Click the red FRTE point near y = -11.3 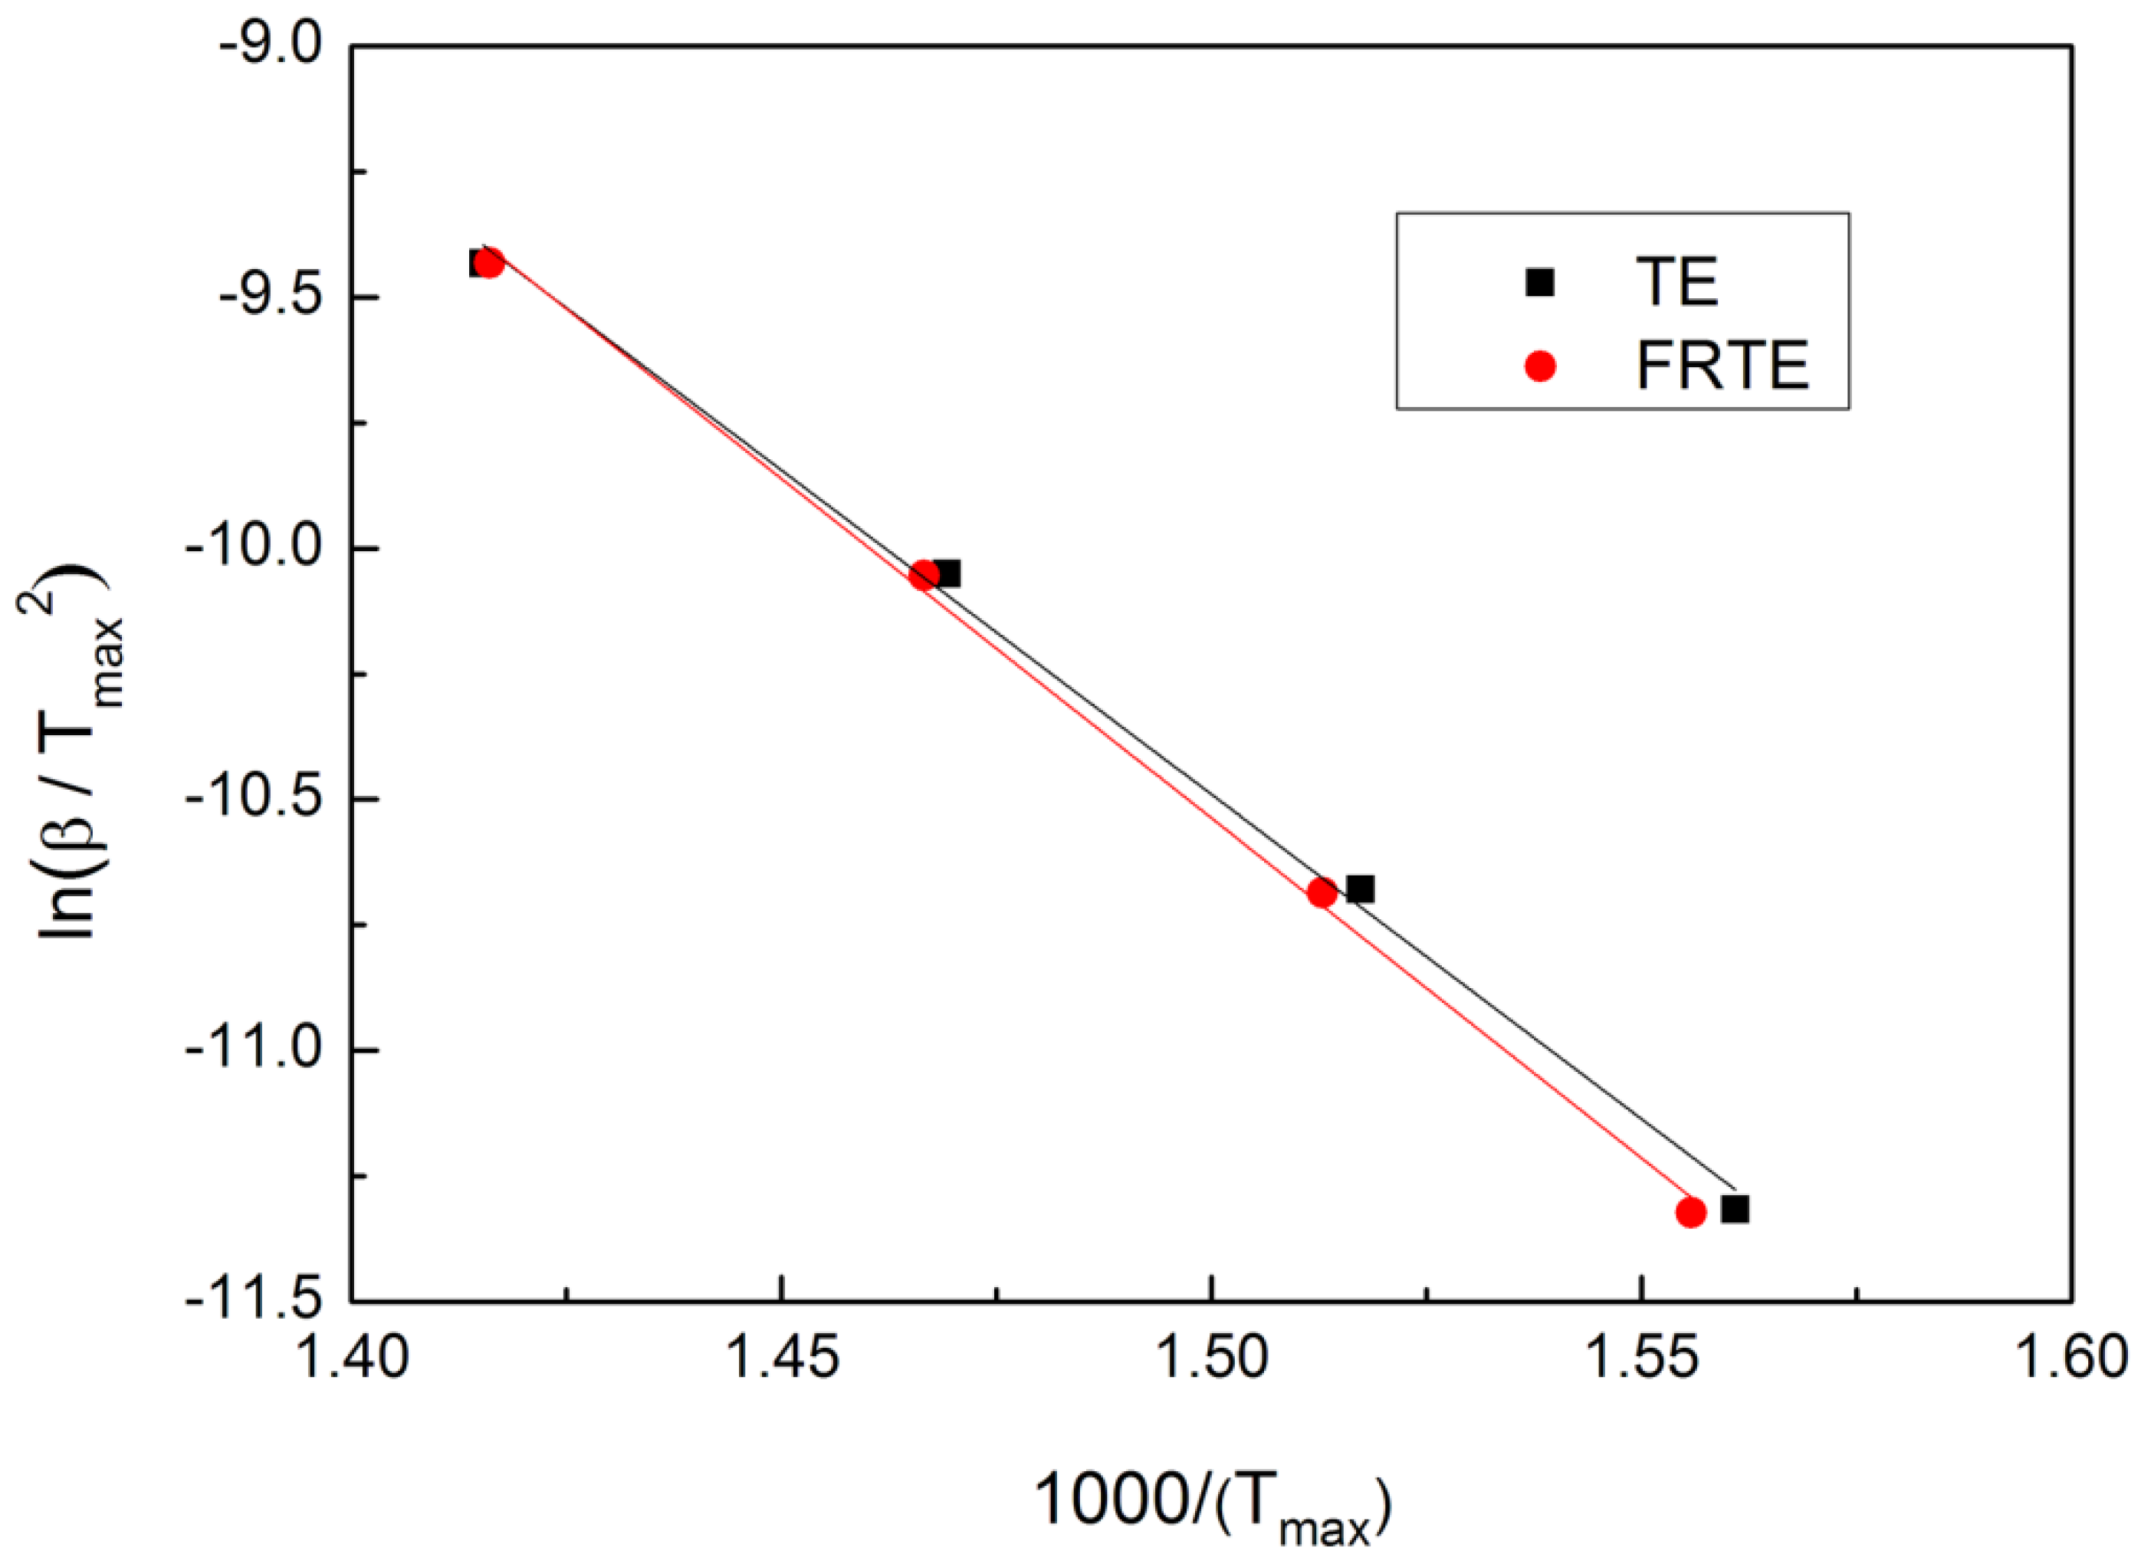(x=1690, y=1212)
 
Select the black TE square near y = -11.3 (x=1735, y=1209)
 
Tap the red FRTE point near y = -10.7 (x=1322, y=892)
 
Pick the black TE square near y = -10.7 (x=1360, y=889)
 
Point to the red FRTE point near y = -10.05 (x=924, y=575)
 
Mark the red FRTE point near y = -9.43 (x=489, y=263)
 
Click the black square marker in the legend (x=1541, y=282)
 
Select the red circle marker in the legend (x=1541, y=366)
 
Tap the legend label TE (x=1676, y=281)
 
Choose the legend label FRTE (x=1722, y=366)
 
